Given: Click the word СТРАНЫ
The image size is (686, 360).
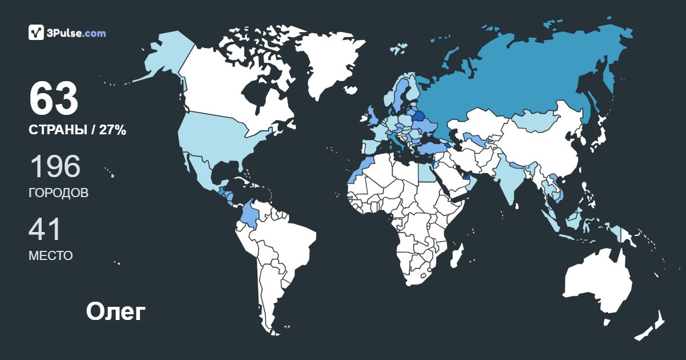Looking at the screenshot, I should tap(57, 130).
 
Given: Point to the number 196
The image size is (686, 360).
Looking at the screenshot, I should tap(55, 167).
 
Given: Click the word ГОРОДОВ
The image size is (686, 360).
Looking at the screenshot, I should tap(58, 193).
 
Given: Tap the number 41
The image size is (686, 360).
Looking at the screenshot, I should tap(45, 230).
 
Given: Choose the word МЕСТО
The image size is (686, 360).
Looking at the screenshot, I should tap(50, 256).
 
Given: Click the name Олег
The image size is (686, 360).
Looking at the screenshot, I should tap(116, 312).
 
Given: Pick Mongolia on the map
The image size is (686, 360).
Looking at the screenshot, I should tap(536, 121).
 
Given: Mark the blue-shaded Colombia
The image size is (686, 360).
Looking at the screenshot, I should tap(250, 215).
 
